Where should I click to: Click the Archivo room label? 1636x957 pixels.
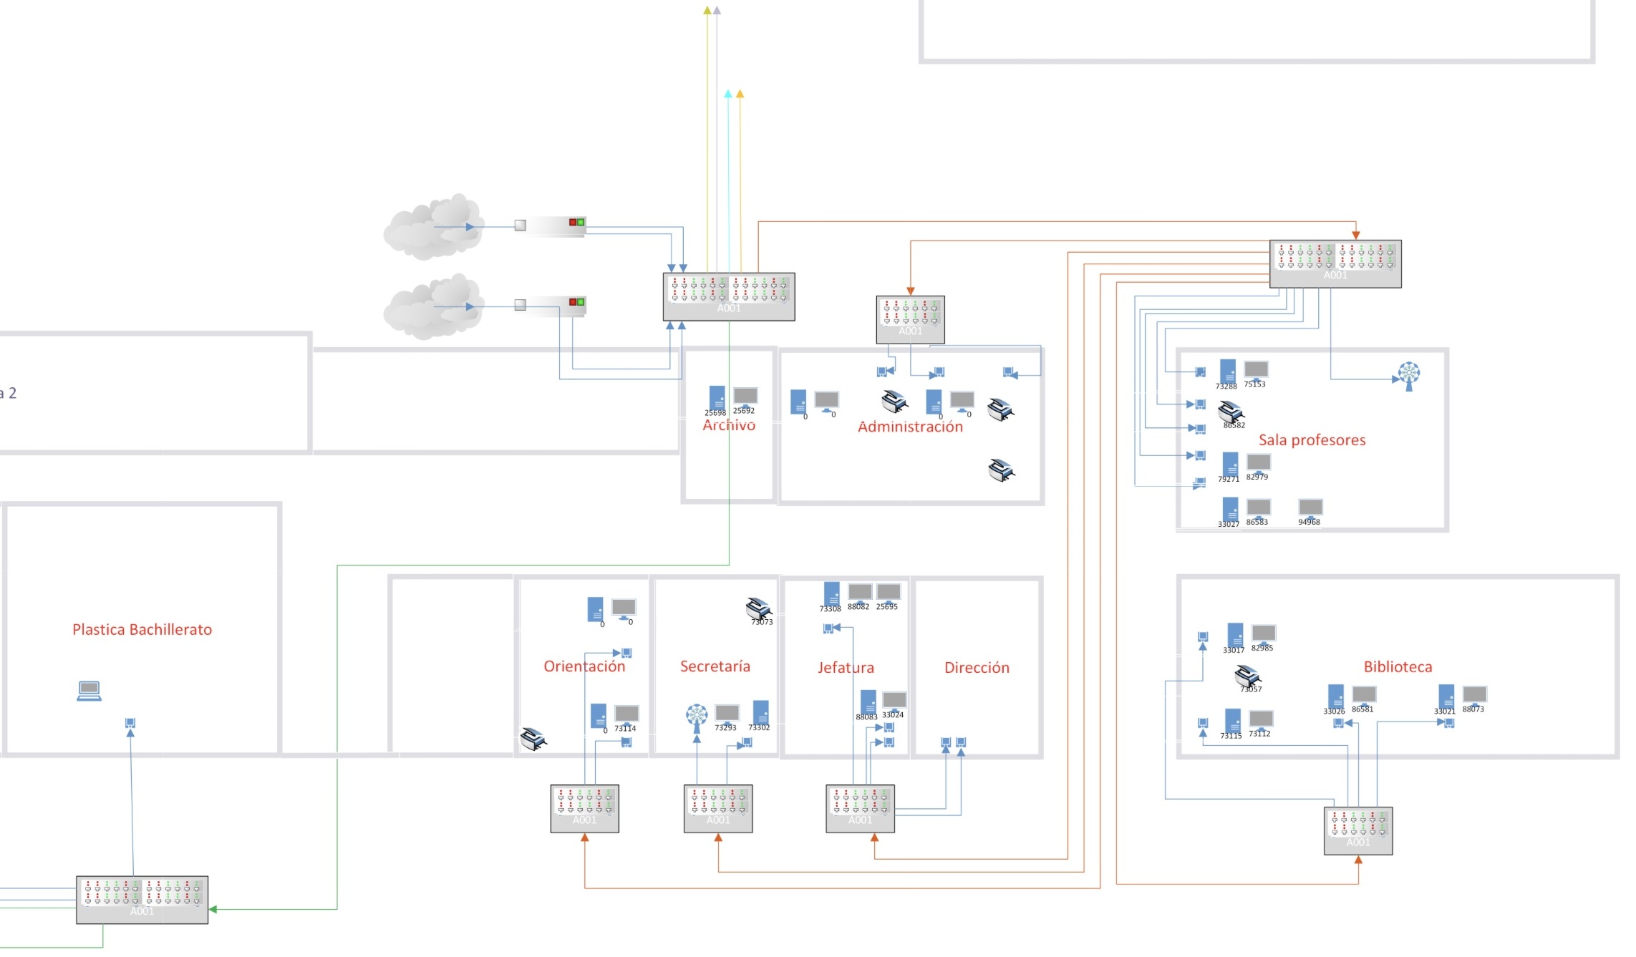tap(729, 425)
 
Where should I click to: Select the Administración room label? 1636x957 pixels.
tap(910, 427)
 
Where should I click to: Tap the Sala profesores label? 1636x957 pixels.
tap(1312, 440)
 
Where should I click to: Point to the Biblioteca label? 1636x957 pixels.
tap(1398, 667)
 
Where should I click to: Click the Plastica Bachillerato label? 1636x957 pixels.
tap(142, 630)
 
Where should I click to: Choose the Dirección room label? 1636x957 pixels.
tap(977, 668)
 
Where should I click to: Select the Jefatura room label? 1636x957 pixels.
tap(846, 668)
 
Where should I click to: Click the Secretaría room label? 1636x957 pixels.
tap(715, 666)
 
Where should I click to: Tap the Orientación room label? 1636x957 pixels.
tap(584, 666)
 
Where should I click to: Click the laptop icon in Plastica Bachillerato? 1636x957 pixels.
tap(89, 691)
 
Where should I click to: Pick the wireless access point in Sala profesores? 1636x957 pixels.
tap(1408, 374)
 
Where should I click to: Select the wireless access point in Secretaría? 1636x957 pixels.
tap(697, 715)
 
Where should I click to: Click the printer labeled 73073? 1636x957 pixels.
tap(758, 608)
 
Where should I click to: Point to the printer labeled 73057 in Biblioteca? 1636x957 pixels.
tap(1247, 676)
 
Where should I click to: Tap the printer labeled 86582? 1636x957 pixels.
tap(1230, 412)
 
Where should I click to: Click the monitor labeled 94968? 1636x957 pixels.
tap(1310, 507)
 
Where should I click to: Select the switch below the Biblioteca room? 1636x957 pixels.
tap(1357, 831)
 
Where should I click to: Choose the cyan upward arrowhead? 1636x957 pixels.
tap(728, 94)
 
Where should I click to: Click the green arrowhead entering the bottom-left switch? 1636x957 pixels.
tap(213, 910)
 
